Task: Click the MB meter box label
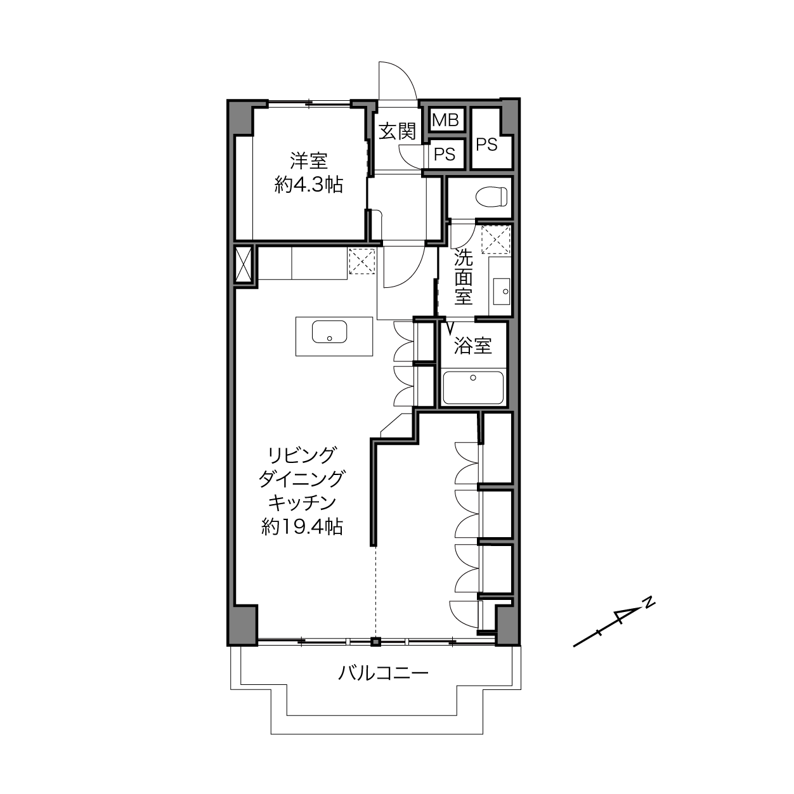pyautogui.click(x=445, y=120)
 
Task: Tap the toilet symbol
pyautogui.click(x=491, y=197)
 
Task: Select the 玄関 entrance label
pyautogui.click(x=397, y=131)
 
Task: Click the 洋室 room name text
pyautogui.click(x=309, y=161)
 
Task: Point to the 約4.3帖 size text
pyautogui.click(x=309, y=185)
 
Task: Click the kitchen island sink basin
pyautogui.click(x=329, y=332)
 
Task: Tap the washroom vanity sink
pyautogui.click(x=502, y=292)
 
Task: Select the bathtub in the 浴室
pyautogui.click(x=473, y=387)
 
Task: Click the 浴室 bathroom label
pyautogui.click(x=473, y=346)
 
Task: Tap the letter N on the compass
pyautogui.click(x=649, y=603)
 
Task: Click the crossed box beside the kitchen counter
pyautogui.click(x=243, y=264)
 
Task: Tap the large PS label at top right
pyautogui.click(x=486, y=145)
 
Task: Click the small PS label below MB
pyautogui.click(x=445, y=155)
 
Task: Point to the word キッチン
pyautogui.click(x=302, y=502)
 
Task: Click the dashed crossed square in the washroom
pyautogui.click(x=496, y=240)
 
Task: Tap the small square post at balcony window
pyautogui.click(x=375, y=642)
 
